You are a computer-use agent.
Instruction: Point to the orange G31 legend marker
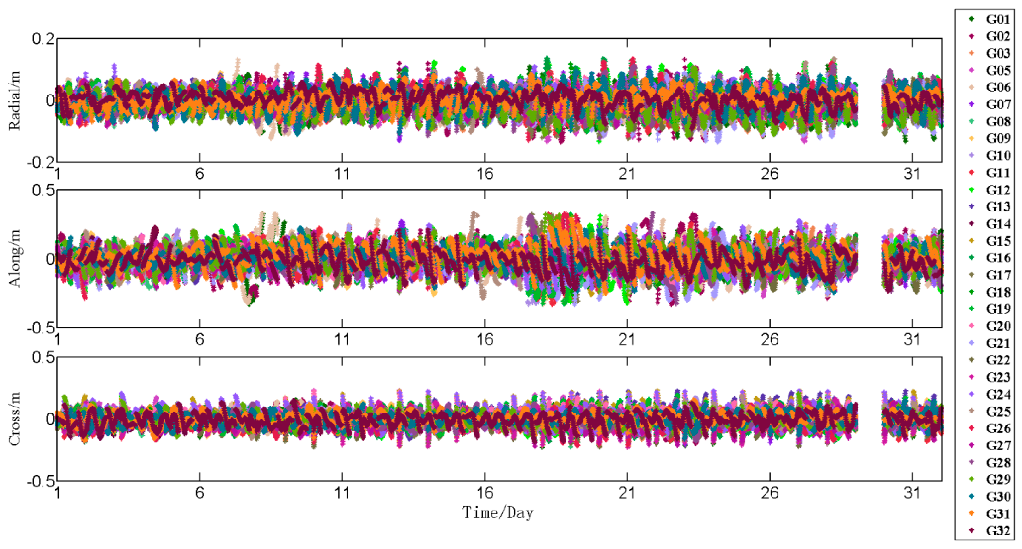[x=972, y=513]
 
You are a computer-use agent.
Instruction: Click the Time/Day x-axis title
[x=498, y=513]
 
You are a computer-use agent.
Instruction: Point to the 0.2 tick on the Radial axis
[x=43, y=39]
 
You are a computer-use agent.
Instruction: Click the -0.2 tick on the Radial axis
[x=40, y=162]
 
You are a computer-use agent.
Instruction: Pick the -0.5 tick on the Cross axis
[x=40, y=482]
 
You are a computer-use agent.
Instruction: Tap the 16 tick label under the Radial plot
[x=485, y=173]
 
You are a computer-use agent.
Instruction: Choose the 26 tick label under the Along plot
[x=770, y=340]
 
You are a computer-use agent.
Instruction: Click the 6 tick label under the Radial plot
[x=199, y=173]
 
